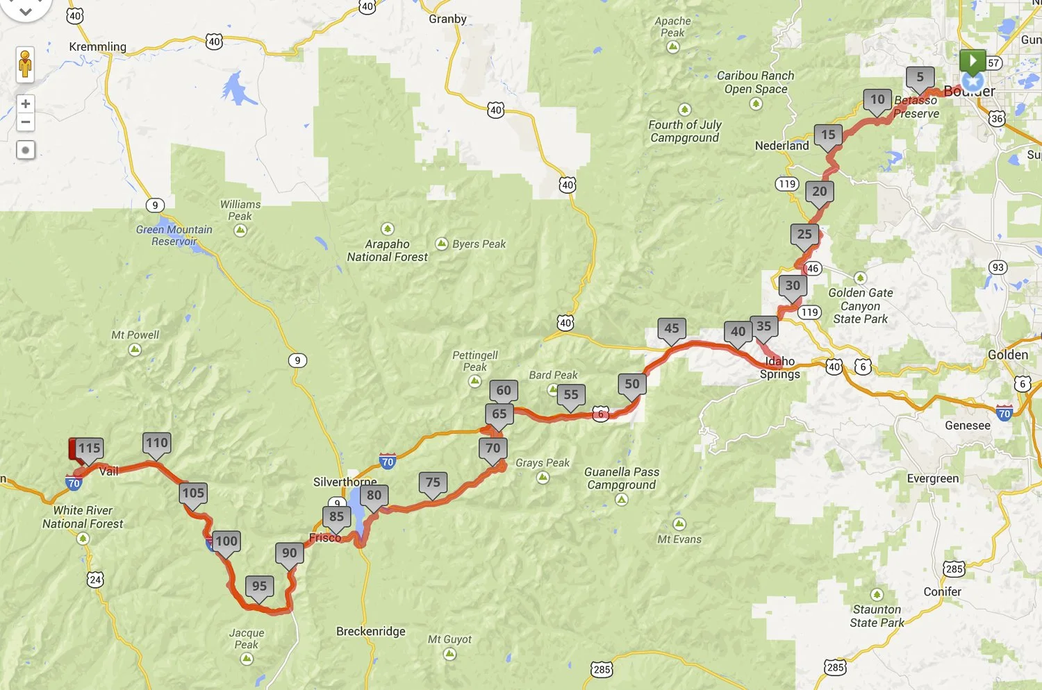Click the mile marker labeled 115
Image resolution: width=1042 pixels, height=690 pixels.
tap(90, 448)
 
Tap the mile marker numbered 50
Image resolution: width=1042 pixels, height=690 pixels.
tap(632, 384)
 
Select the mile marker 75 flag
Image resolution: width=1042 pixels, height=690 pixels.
tap(433, 482)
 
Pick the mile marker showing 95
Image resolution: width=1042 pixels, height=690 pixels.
tap(259, 586)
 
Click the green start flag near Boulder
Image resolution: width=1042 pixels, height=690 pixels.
tap(973, 61)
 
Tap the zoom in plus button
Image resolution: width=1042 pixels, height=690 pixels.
tap(26, 104)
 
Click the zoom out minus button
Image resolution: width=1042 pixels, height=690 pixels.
tap(26, 123)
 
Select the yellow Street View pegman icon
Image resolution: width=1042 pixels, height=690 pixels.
tap(26, 65)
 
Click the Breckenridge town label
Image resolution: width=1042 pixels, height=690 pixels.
tap(370, 632)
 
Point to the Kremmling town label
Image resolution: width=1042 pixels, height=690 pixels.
tap(97, 47)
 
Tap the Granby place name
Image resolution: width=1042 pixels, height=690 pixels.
tap(447, 19)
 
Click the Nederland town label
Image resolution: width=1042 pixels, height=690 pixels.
tap(781, 146)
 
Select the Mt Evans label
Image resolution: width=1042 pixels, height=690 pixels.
tap(679, 539)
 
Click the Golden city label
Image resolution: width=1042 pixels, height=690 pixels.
tap(1007, 355)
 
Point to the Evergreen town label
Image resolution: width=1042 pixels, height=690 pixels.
tap(932, 479)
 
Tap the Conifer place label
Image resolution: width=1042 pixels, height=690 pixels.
tap(942, 592)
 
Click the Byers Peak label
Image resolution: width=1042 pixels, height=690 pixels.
tap(479, 244)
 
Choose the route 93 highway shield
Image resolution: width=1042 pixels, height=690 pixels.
tap(998, 268)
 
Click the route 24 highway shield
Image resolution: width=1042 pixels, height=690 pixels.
tap(95, 580)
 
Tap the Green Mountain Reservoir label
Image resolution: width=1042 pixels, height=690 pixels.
tap(174, 235)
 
